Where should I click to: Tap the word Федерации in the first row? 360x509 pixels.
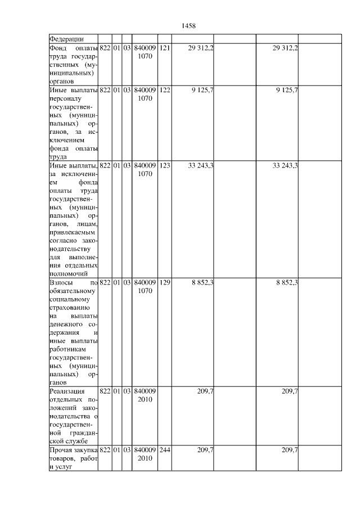click(67, 39)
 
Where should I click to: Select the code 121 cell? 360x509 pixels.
click(164, 48)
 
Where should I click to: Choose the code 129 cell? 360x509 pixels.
click(164, 282)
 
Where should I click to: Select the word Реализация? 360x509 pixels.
click(67, 391)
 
